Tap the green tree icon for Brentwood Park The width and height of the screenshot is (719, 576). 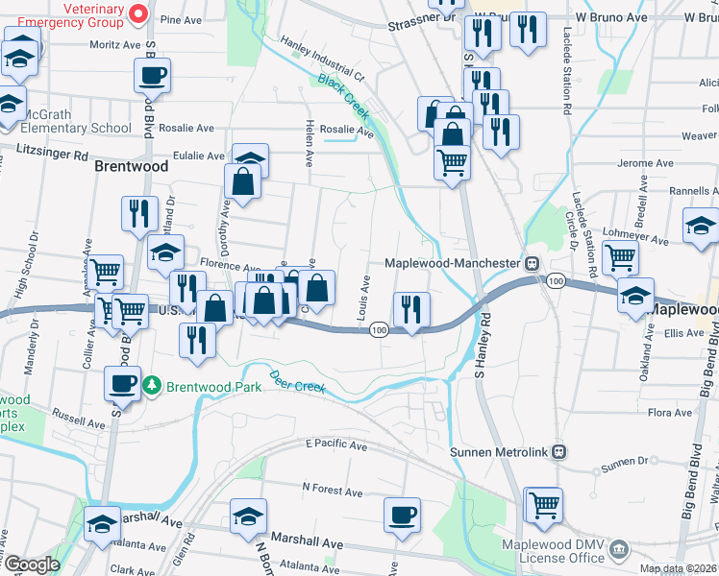(151, 386)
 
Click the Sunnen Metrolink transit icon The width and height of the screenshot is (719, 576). (558, 451)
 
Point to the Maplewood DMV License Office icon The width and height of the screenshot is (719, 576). (620, 549)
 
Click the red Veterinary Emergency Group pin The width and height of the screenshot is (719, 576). (136, 13)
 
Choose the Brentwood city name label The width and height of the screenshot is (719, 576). (132, 166)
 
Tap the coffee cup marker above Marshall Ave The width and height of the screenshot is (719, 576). (402, 514)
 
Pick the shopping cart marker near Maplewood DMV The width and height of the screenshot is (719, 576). (543, 505)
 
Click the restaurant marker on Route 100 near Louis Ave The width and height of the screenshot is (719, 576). (410, 309)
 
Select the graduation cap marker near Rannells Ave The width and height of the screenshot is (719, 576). (701, 227)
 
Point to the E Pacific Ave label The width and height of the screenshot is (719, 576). (336, 445)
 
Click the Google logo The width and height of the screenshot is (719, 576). (33, 564)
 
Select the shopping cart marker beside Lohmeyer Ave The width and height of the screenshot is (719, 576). (620, 257)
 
